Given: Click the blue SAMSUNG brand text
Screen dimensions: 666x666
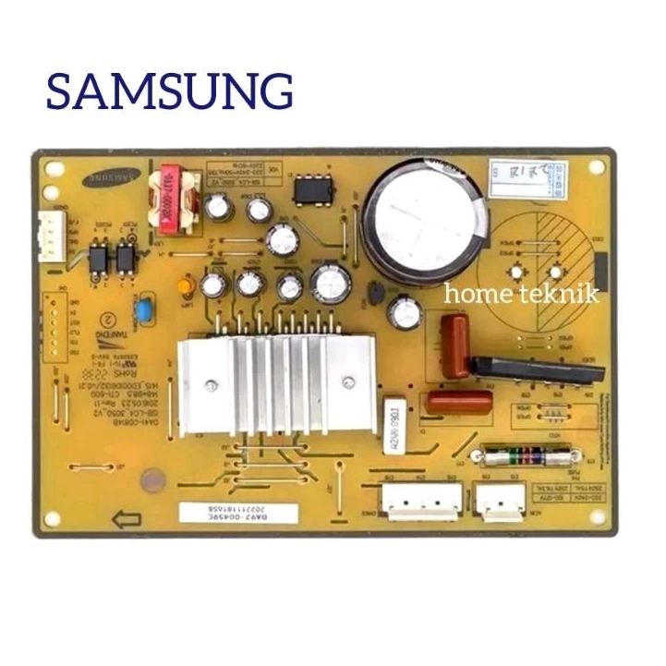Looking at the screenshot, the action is tap(170, 92).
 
